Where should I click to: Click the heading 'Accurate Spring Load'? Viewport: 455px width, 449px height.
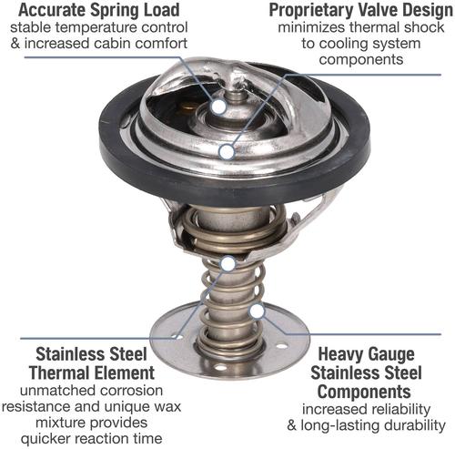99,10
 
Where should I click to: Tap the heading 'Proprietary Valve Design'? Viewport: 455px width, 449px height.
360,10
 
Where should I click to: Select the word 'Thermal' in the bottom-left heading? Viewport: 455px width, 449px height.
61,372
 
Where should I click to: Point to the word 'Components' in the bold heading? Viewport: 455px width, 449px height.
364,392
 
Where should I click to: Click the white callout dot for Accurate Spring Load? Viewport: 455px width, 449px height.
219,107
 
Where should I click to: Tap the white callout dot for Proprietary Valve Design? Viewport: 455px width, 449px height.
227,152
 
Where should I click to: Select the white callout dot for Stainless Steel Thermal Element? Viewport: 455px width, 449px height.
228,263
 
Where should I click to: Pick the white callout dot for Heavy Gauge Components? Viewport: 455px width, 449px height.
257,311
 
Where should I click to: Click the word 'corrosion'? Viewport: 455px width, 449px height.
131,391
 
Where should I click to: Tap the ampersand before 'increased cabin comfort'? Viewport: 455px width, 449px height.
15,44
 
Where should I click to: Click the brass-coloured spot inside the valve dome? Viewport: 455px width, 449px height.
187,107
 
